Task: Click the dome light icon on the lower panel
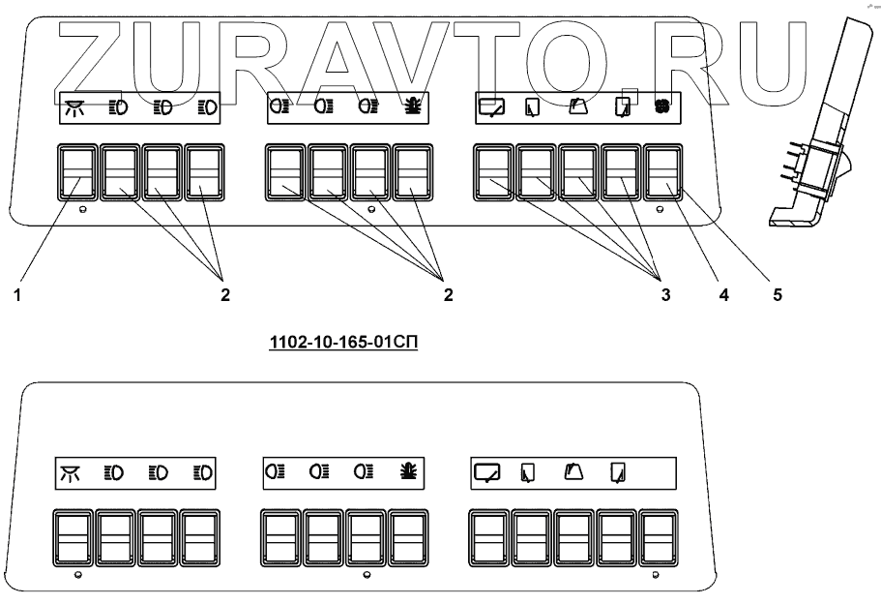coord(73,473)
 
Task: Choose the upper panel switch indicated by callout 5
coord(663,173)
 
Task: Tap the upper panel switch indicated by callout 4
coord(622,173)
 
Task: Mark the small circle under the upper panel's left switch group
coord(82,209)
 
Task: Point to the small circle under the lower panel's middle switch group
coord(365,575)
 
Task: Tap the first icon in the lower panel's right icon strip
coord(488,472)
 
